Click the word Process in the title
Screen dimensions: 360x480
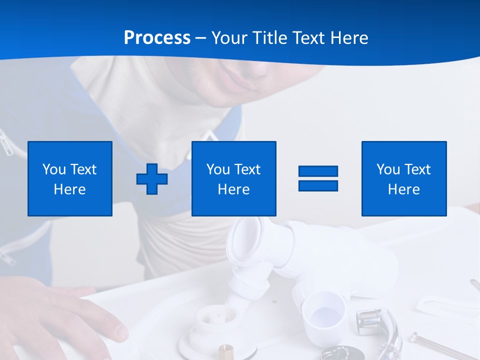(157, 38)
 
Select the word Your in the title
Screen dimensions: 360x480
(228, 38)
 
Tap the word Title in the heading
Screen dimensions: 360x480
(269, 38)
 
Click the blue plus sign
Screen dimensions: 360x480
(152, 178)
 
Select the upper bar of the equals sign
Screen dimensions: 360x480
(318, 171)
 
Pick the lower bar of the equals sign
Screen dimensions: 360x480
(318, 185)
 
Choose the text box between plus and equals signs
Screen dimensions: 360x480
(233, 178)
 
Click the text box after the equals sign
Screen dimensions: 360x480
(403, 178)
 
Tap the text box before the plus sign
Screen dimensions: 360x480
(69, 178)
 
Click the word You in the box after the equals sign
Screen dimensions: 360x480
(388, 169)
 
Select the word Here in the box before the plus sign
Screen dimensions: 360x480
(69, 189)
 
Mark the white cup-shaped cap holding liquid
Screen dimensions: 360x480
(324, 312)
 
